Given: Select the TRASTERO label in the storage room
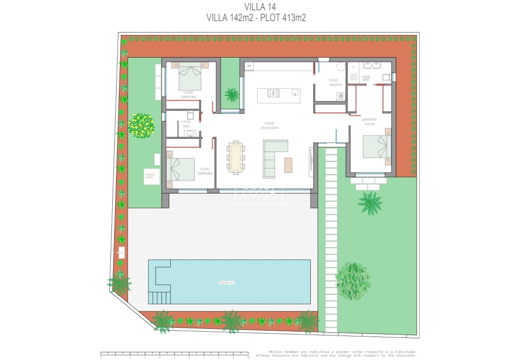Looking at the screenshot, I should tap(335, 84).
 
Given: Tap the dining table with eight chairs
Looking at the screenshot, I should tap(235, 157).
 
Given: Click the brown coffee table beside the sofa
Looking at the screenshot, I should tap(288, 165).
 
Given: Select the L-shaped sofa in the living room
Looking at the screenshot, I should tap(272, 158).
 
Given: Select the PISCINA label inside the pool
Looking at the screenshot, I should tap(226, 283).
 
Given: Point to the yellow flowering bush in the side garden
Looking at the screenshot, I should tap(141, 125).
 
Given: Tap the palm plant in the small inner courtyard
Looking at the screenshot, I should tap(232, 94).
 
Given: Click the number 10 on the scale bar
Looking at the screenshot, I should tap(247, 358).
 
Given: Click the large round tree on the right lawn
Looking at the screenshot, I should tap(353, 281).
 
